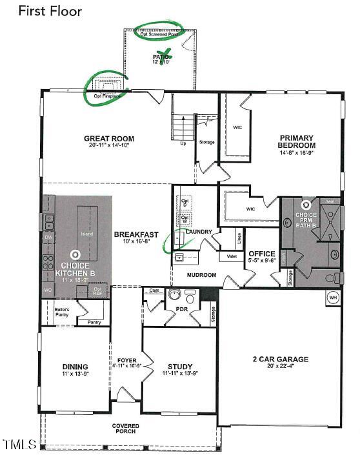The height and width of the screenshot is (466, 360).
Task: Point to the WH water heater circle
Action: [333, 298]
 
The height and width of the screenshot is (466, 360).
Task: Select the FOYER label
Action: [126, 361]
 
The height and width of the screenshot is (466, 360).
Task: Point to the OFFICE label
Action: [262, 254]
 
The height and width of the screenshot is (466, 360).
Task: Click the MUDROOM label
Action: [201, 275]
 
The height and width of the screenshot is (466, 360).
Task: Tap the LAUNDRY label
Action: [199, 231]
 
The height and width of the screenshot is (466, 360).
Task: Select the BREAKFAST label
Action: [136, 234]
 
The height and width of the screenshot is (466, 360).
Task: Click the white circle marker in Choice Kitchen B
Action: [76, 255]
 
